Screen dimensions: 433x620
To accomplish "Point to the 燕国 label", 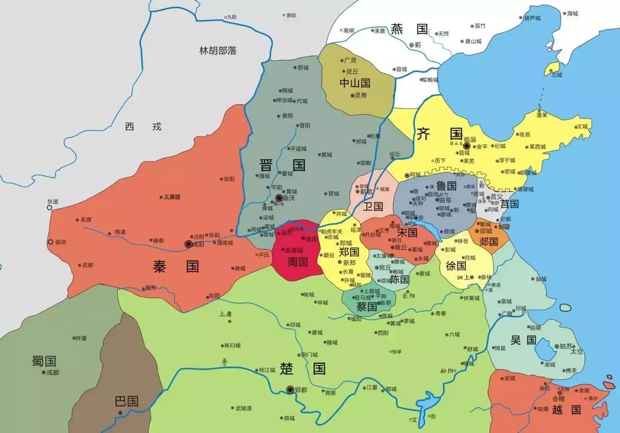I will (x=409, y=29).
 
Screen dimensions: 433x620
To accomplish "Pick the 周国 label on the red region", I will (x=297, y=262).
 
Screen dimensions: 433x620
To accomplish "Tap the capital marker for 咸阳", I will (x=188, y=244).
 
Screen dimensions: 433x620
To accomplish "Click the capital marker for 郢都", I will (x=290, y=389).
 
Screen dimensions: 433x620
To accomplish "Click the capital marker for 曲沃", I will (x=279, y=198).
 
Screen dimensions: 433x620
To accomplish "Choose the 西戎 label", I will (x=143, y=127).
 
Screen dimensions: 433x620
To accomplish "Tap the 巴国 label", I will (x=126, y=401).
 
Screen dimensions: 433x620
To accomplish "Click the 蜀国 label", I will (x=44, y=361).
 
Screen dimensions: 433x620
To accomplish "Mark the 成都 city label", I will (x=52, y=372).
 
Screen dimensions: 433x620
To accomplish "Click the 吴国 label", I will (x=523, y=340).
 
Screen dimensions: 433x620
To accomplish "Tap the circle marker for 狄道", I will (x=49, y=208).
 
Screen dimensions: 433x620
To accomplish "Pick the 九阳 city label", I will (x=232, y=17).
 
